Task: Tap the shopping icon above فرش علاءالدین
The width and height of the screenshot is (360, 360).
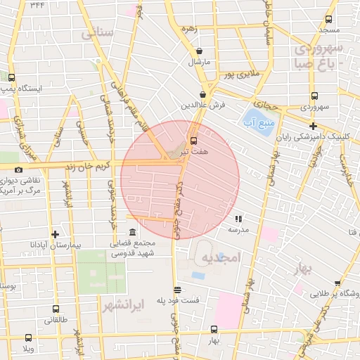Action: point(202,94)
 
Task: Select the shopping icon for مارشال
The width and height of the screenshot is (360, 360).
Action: point(200,51)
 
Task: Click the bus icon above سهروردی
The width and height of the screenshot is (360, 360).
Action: point(314,97)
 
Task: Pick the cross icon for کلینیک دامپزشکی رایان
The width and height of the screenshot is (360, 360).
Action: point(332,126)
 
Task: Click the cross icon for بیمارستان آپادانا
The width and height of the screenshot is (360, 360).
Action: point(56,234)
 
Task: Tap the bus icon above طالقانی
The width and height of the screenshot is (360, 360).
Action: point(56,309)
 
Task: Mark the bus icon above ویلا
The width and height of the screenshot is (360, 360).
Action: point(28,338)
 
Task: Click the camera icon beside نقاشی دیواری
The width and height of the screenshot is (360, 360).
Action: point(18,169)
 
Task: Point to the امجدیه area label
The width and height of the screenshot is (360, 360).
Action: point(221,258)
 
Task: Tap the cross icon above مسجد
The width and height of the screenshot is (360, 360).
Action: point(329,19)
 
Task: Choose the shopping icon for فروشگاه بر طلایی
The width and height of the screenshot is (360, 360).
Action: point(337,284)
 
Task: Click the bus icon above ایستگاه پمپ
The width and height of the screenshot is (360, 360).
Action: point(12,77)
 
